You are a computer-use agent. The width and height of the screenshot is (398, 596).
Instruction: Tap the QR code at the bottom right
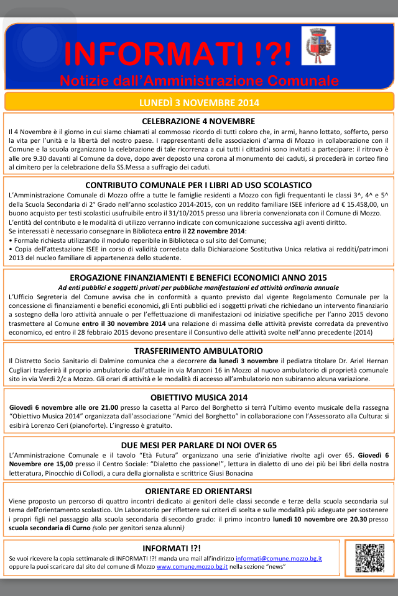coord(369,558)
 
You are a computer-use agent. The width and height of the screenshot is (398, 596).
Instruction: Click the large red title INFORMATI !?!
coord(177,54)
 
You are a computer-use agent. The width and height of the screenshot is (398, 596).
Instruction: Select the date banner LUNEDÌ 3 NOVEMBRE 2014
coord(199,102)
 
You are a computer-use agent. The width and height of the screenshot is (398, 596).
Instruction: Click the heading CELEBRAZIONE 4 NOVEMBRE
coord(198,121)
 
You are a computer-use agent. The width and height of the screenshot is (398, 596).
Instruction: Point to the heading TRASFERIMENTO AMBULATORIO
coord(198,351)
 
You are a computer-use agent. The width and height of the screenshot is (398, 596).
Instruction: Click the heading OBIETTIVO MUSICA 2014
coord(198,397)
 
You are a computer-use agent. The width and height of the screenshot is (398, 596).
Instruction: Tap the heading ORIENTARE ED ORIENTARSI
coord(198,490)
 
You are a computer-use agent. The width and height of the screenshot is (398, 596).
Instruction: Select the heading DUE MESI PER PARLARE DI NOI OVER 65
coord(198,445)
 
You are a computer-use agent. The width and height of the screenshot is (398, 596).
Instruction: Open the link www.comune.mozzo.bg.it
coord(192,567)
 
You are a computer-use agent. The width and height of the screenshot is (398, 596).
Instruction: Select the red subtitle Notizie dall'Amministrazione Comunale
coord(199,81)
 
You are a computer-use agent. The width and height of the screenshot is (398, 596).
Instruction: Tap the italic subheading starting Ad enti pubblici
coord(198,287)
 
